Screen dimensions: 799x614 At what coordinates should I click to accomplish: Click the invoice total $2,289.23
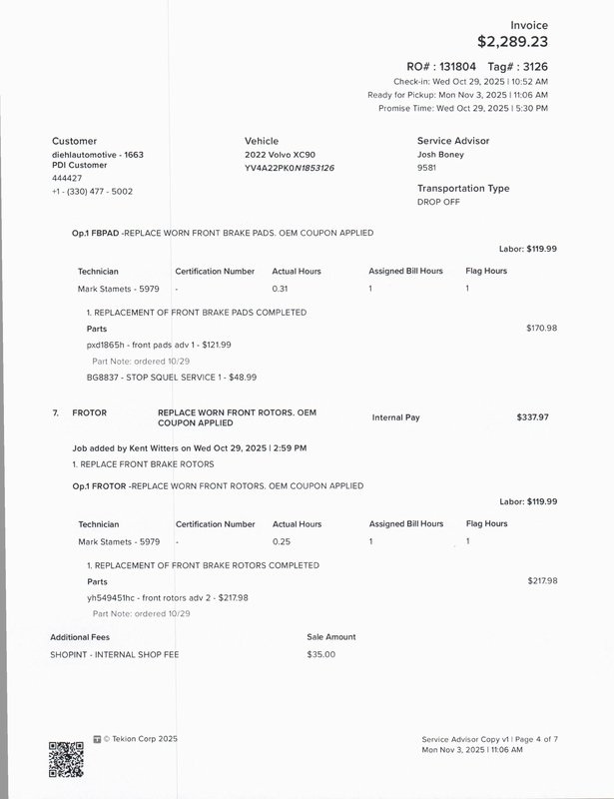coord(512,42)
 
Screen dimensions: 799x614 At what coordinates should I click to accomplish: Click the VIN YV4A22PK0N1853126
coord(290,168)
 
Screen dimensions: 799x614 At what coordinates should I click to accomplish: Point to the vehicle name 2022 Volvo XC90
coord(280,156)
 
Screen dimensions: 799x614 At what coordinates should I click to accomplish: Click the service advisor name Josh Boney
coord(440,155)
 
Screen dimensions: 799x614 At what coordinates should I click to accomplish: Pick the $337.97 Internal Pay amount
coord(532,416)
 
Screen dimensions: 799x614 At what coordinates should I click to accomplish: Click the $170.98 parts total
coord(541,328)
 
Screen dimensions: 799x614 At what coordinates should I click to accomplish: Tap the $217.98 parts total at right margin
coord(542,580)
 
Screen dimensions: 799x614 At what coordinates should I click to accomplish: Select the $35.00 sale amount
coord(321,654)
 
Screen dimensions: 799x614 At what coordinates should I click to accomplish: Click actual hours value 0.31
coord(281,289)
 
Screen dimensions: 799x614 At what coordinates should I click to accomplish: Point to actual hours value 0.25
coord(281,541)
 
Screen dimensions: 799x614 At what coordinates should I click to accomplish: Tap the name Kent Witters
coord(154,448)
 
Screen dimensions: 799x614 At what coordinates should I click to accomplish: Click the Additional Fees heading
coord(80,636)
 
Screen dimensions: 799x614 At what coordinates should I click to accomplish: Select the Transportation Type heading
coord(463,188)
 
